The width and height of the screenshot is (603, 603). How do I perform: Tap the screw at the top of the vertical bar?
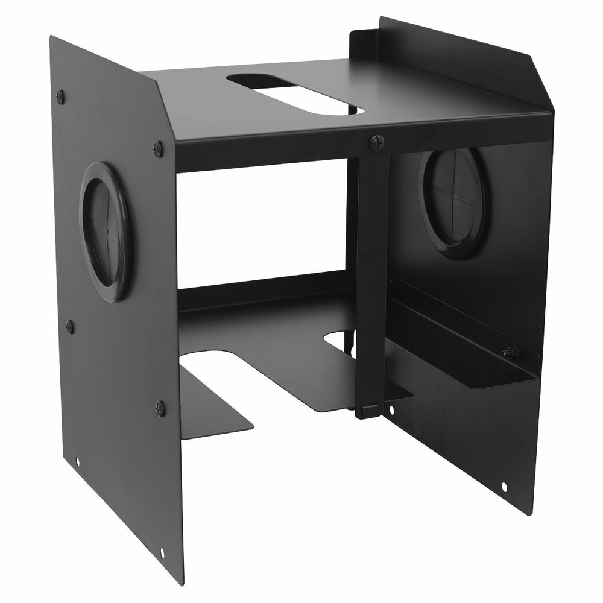[x=376, y=142]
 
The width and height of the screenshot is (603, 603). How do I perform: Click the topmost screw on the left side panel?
[x=60, y=96]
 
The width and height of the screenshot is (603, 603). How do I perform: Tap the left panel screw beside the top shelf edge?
[x=158, y=148]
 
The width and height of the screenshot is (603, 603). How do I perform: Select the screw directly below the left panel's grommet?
[x=70, y=326]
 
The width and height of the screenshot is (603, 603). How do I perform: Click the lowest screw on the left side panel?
[x=160, y=408]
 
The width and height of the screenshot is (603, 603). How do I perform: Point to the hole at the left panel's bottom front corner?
[x=162, y=551]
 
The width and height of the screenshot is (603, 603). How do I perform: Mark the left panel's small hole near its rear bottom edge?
[x=78, y=461]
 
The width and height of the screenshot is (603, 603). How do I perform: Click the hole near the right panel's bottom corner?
[x=504, y=486]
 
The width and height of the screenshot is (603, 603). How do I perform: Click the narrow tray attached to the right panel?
[x=464, y=350]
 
